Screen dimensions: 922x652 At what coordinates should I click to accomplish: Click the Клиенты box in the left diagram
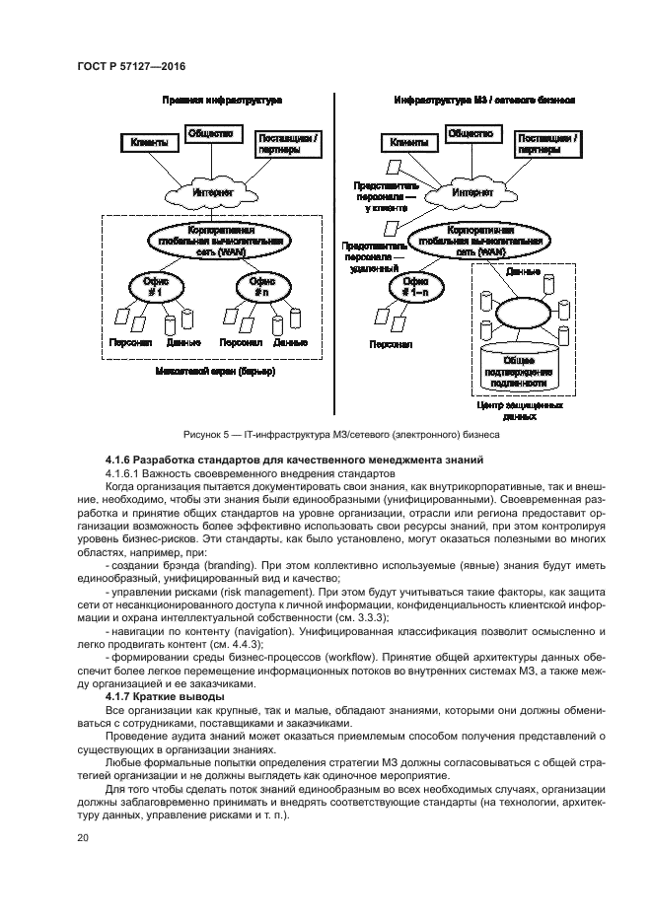click(x=149, y=143)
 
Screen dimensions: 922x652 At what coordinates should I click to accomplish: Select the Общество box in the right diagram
click(x=471, y=132)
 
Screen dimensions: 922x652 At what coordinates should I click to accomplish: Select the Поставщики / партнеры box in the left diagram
click(x=287, y=143)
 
